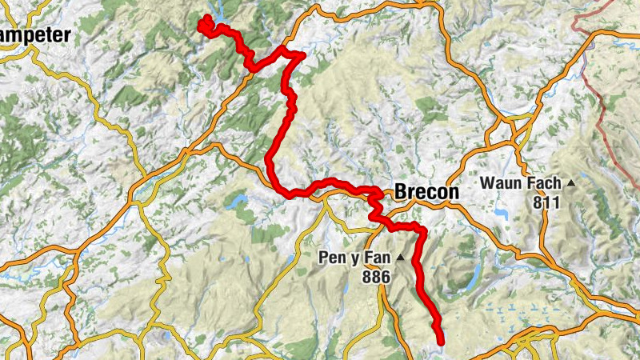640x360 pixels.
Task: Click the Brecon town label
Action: [426, 193]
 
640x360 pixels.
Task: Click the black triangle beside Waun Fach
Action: [571, 183]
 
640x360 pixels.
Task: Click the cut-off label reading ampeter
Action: [35, 34]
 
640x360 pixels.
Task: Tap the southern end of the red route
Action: [440, 341]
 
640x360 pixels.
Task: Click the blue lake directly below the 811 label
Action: [502, 214]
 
